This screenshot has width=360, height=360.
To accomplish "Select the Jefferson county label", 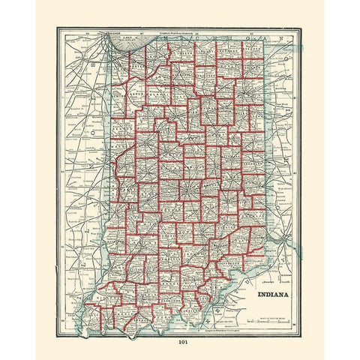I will point(228,263).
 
